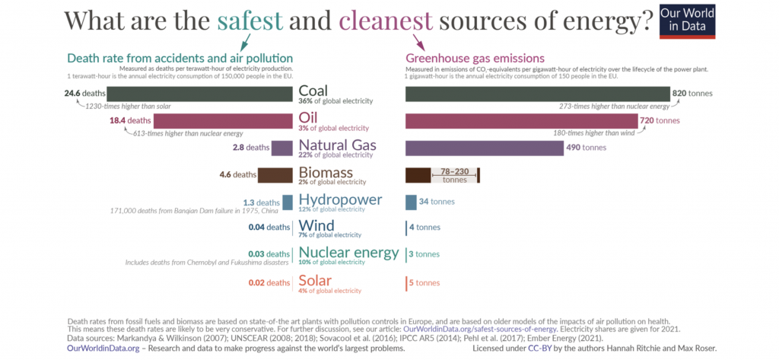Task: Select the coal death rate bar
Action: click(199, 94)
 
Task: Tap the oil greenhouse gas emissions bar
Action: click(521, 121)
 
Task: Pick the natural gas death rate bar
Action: click(281, 148)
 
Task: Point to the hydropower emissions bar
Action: click(411, 202)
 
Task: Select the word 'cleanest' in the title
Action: click(386, 20)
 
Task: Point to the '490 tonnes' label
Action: click(584, 148)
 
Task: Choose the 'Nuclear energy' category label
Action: click(348, 253)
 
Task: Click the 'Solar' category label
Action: click(315, 280)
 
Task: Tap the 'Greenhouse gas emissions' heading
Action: click(475, 59)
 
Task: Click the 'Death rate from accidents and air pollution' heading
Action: click(180, 59)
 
